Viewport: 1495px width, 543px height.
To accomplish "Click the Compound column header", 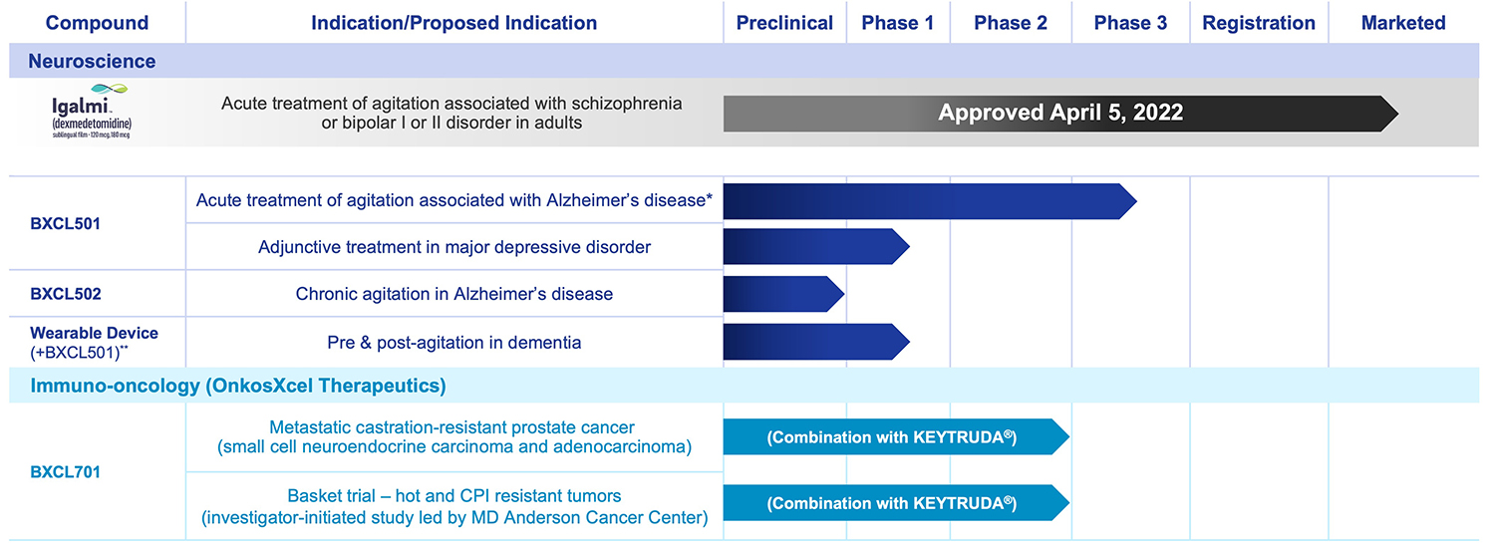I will [x=97, y=23].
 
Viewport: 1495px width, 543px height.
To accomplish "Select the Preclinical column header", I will [x=784, y=23].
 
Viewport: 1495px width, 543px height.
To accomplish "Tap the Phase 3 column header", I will [x=1130, y=23].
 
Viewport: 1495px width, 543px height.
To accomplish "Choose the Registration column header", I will [x=1259, y=23].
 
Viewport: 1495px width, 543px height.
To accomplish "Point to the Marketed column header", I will [x=1403, y=23].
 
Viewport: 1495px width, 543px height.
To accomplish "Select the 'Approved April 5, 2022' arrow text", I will [x=1060, y=113].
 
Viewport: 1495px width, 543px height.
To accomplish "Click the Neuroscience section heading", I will [x=92, y=62].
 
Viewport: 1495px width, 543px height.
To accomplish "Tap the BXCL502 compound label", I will [x=66, y=295].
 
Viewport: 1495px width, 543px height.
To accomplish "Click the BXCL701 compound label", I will [x=65, y=471].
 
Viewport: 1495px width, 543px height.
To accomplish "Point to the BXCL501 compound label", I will [x=65, y=224].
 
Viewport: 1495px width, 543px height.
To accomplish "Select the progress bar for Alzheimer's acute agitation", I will [x=927, y=201].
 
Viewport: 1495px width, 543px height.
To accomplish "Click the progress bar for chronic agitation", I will [x=782, y=295].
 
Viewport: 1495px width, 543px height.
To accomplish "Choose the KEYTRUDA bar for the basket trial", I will [x=892, y=502].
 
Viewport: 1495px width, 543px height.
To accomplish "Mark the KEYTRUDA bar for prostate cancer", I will [x=892, y=437].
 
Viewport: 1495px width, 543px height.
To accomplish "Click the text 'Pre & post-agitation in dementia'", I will [x=454, y=343].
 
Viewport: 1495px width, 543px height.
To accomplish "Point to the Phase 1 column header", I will [x=897, y=23].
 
